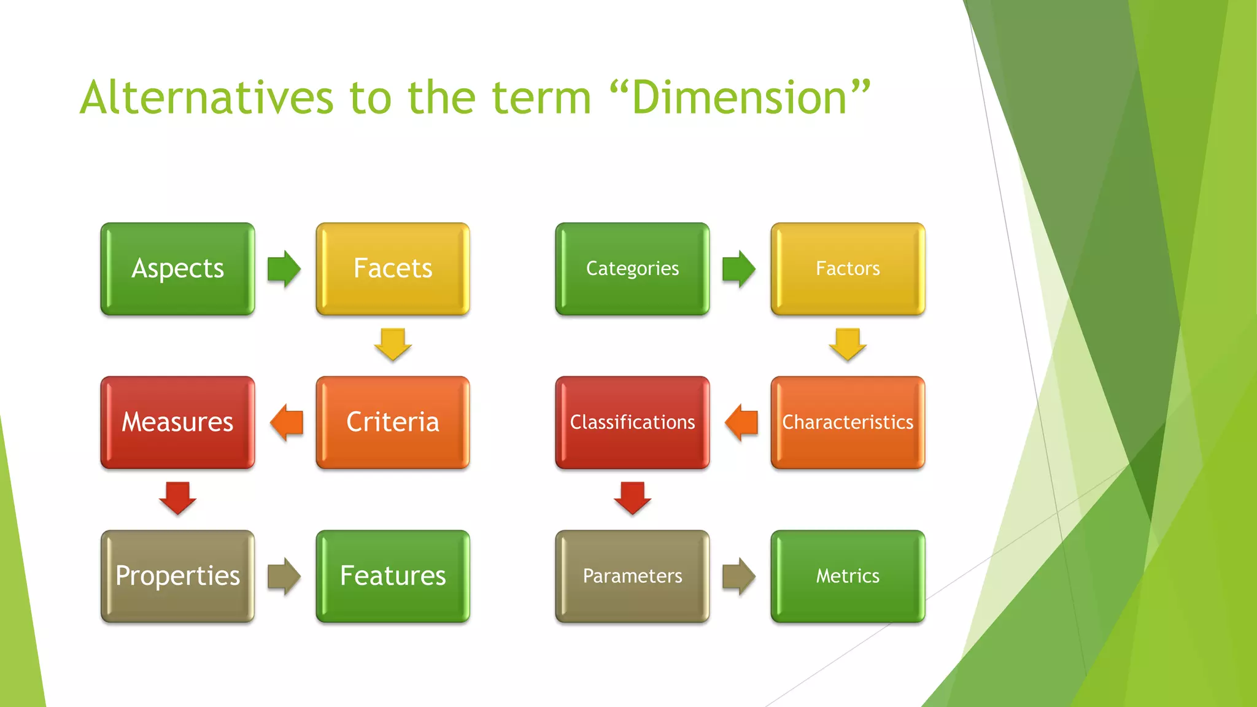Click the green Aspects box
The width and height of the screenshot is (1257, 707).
[x=177, y=269]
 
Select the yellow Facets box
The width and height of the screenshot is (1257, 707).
[x=393, y=269]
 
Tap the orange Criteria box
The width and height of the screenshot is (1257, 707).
[x=393, y=422]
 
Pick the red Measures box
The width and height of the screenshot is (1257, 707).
[x=177, y=422]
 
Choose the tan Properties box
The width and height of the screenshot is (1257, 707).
[x=177, y=576]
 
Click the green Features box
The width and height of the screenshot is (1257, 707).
[x=393, y=576]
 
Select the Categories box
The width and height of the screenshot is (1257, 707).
[x=632, y=269]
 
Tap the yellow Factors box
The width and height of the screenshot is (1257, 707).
[x=848, y=269]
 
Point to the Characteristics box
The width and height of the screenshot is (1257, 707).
[x=848, y=422]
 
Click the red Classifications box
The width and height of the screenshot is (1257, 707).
[x=632, y=422]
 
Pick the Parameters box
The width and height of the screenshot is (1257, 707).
[x=632, y=576]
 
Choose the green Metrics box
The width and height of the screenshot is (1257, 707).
[x=848, y=576]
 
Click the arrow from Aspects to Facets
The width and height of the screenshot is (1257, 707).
[x=284, y=269]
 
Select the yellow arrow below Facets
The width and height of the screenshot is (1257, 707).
[x=393, y=344]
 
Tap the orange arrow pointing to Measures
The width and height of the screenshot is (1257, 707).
[x=287, y=422]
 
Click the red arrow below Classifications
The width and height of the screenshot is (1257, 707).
[x=632, y=498]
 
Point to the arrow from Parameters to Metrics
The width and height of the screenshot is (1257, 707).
[x=739, y=576]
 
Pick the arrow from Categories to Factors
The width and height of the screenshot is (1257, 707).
[x=739, y=269]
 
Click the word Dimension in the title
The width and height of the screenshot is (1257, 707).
[x=740, y=98]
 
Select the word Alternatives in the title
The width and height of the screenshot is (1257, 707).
[x=207, y=98]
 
